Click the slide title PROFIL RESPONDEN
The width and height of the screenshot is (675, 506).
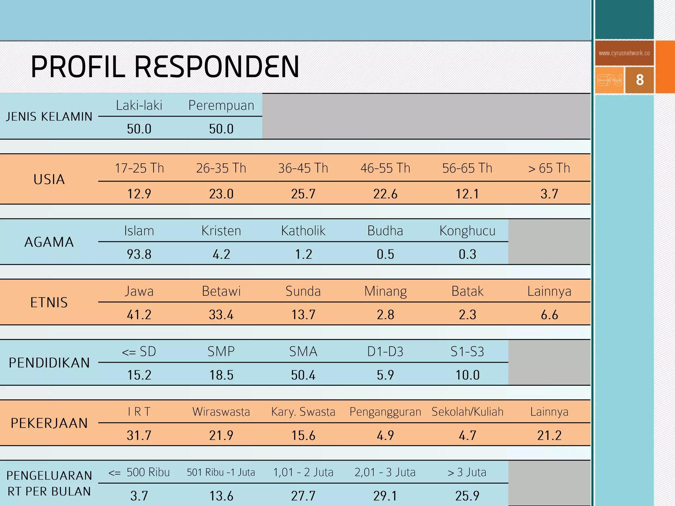coord(165,67)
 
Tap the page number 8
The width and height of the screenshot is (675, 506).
coord(640,80)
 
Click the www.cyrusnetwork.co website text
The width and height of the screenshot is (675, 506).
coord(624,53)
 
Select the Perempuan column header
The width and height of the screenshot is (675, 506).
coord(221,105)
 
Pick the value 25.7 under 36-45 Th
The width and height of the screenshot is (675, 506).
coord(303,194)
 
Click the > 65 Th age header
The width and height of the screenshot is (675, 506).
coord(549,168)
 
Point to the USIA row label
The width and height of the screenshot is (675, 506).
coord(49,180)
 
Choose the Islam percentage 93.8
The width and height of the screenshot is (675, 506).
coord(139,254)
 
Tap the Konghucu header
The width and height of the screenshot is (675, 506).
coord(467,231)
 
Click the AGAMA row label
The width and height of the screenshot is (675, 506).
coord(49,242)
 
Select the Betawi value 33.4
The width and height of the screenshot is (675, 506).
coord(221,315)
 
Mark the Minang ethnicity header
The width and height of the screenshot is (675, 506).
coord(385,292)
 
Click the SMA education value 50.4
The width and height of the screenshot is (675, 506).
coord(303,375)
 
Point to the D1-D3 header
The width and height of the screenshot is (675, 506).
coord(385,352)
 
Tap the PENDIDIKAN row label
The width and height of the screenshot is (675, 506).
coord(49,363)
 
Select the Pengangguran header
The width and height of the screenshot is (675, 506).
coord(385,412)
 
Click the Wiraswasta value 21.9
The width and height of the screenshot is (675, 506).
coord(221,436)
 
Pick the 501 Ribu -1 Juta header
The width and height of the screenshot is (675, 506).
coord(221,472)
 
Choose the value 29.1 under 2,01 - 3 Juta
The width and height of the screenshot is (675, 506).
coord(385,496)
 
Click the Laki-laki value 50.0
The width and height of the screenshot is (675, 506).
coord(139,129)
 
